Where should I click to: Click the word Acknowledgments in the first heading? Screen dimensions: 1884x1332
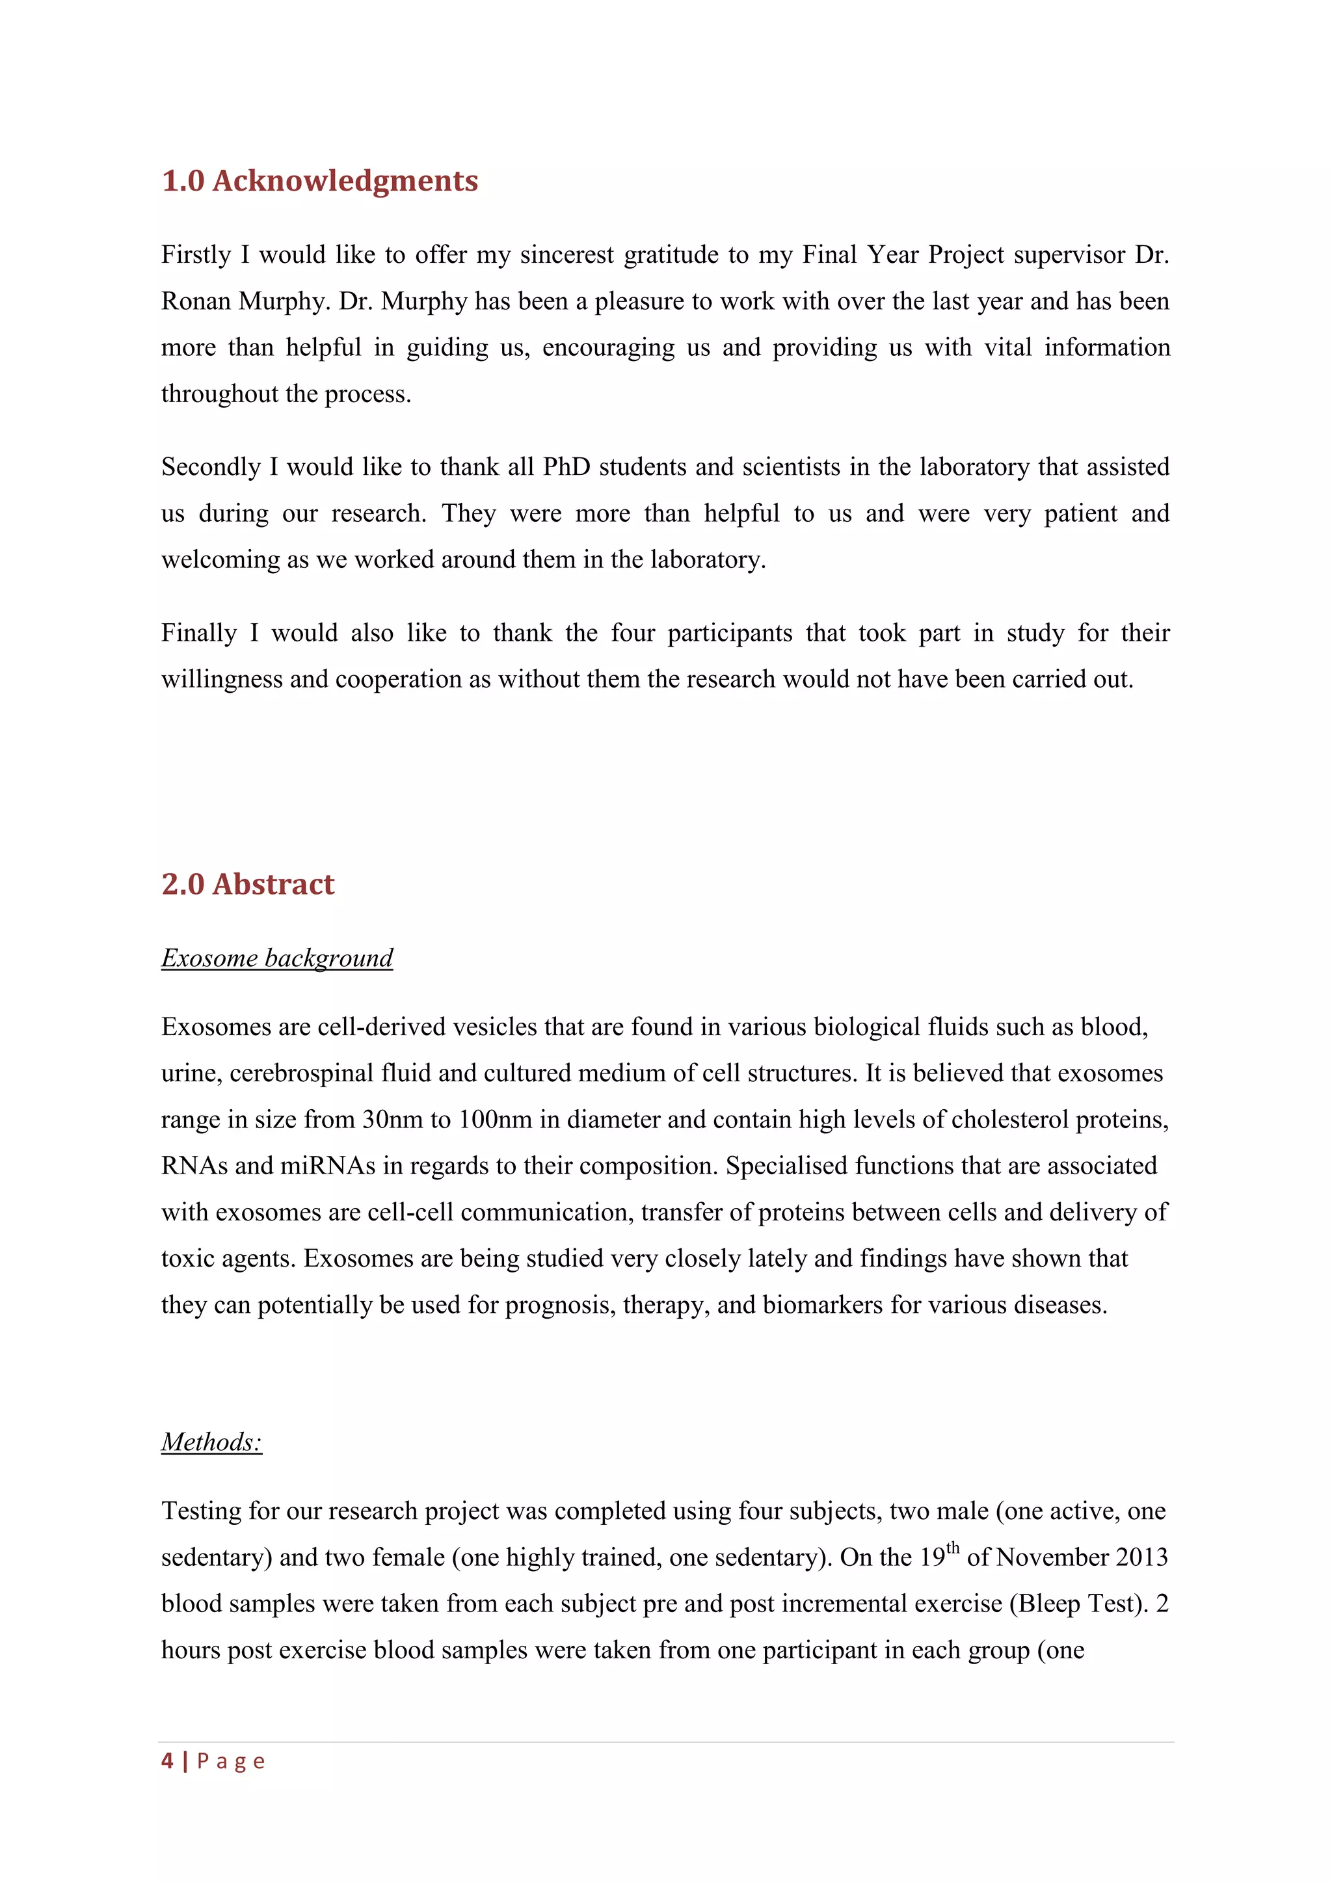pos(345,180)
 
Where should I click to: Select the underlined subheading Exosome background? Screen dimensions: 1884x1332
pos(277,958)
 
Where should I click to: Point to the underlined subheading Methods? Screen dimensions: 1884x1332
pos(211,1442)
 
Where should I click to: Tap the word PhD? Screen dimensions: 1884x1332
pos(566,467)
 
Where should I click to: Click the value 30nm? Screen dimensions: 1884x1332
pos(392,1120)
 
